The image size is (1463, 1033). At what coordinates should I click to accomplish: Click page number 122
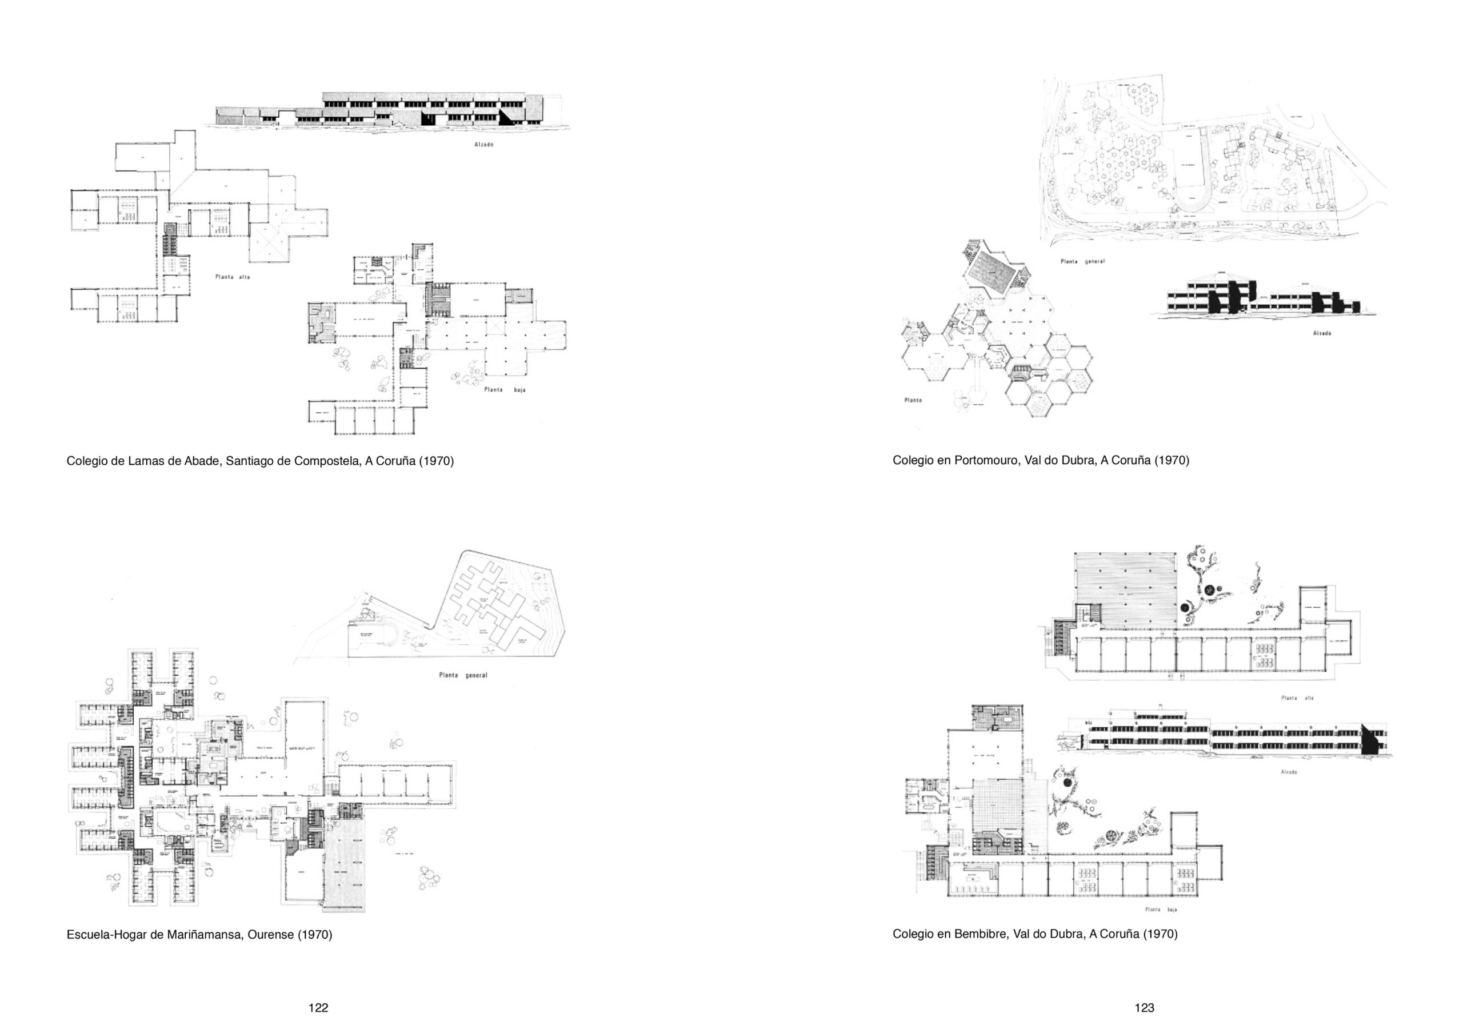click(x=318, y=1007)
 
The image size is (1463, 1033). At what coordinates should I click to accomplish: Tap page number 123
click(x=1145, y=1007)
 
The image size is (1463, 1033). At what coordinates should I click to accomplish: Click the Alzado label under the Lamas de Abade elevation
click(x=484, y=145)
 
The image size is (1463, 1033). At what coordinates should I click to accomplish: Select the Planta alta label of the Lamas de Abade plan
click(x=232, y=277)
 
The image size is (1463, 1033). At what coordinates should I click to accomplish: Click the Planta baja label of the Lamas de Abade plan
click(x=505, y=389)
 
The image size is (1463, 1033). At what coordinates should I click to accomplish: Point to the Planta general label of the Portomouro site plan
click(x=1082, y=261)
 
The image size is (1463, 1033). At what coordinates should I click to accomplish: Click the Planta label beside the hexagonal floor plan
click(x=913, y=400)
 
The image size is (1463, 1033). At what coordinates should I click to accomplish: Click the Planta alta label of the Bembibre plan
click(x=1297, y=698)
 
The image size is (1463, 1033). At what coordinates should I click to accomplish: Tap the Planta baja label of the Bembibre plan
click(x=1161, y=910)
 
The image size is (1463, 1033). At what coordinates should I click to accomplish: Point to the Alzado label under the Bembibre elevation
click(x=1289, y=772)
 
